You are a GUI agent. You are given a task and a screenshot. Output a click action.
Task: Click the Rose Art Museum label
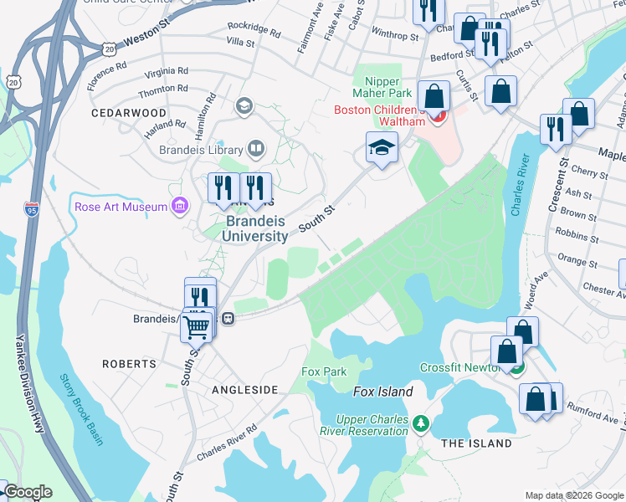coord(121,207)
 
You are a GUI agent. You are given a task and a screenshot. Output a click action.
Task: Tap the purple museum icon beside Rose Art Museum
coord(179,206)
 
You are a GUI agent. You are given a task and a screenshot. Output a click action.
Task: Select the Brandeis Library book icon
coord(255,150)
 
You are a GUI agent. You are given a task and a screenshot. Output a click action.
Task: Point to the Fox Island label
coord(383,392)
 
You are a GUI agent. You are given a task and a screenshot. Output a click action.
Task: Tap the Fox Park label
coord(324,371)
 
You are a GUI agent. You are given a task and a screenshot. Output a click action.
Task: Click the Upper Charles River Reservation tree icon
coord(422,425)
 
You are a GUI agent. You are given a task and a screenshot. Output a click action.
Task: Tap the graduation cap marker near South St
coord(382,149)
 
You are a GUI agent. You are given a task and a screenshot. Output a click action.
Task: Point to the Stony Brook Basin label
coord(81,408)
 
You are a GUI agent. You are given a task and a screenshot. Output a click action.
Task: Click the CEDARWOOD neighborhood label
coord(130,112)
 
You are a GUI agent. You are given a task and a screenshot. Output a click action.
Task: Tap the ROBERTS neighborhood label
coord(129,364)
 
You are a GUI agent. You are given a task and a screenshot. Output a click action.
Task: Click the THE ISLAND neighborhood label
coord(476,443)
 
